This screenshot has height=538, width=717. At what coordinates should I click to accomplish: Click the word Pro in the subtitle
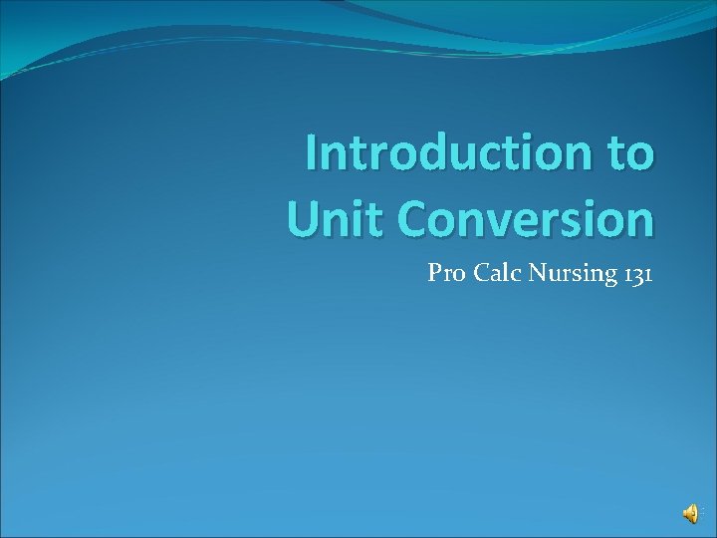tap(445, 273)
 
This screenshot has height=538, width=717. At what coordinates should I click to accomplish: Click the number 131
tap(637, 273)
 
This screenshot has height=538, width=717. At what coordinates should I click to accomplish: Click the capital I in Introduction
tap(312, 153)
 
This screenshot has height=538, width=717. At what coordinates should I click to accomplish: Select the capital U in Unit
tap(303, 219)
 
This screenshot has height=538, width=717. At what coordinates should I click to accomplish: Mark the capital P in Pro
tap(434, 273)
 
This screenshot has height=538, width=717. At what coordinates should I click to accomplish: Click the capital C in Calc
tap(477, 273)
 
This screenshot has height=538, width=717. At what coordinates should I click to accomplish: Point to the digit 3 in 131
tap(637, 274)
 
